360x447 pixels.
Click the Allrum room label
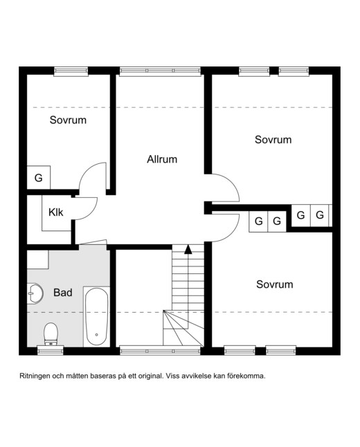click(x=162, y=159)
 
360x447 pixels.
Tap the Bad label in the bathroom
click(x=63, y=293)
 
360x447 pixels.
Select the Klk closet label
click(x=55, y=212)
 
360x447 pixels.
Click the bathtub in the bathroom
click(x=97, y=317)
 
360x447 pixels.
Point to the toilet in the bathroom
click(x=51, y=334)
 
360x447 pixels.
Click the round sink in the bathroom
click(x=35, y=293)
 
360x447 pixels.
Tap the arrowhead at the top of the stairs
click(x=188, y=249)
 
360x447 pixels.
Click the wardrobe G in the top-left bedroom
click(x=39, y=178)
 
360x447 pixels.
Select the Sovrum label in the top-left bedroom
click(x=68, y=120)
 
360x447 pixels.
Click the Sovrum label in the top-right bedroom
click(x=273, y=140)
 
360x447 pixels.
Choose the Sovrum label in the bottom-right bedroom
click(x=274, y=284)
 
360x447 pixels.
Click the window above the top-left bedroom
click(x=71, y=71)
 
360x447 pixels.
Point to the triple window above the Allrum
click(x=160, y=71)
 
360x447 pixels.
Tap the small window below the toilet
click(x=51, y=350)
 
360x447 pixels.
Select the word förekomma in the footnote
click(x=246, y=376)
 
